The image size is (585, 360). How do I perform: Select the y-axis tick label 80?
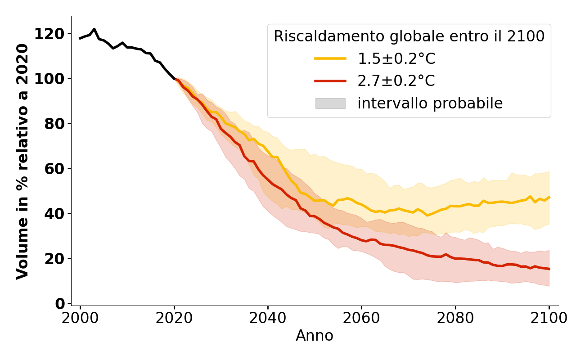click(54, 124)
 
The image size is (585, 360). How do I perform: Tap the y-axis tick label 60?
click(54, 169)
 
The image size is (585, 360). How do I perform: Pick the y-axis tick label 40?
click(54, 214)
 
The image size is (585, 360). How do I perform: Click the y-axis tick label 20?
click(54, 259)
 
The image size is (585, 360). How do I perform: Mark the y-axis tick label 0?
click(59, 304)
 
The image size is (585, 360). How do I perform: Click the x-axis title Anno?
click(315, 336)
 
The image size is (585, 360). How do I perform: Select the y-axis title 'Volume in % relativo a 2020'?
click(22, 161)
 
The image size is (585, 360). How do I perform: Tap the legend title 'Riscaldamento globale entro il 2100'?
click(409, 36)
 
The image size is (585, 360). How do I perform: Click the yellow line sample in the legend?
click(330, 58)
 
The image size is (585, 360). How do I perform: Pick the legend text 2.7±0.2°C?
click(396, 81)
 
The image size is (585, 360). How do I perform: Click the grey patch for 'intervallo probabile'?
click(330, 103)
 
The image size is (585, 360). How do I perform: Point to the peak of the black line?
click(94, 29)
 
